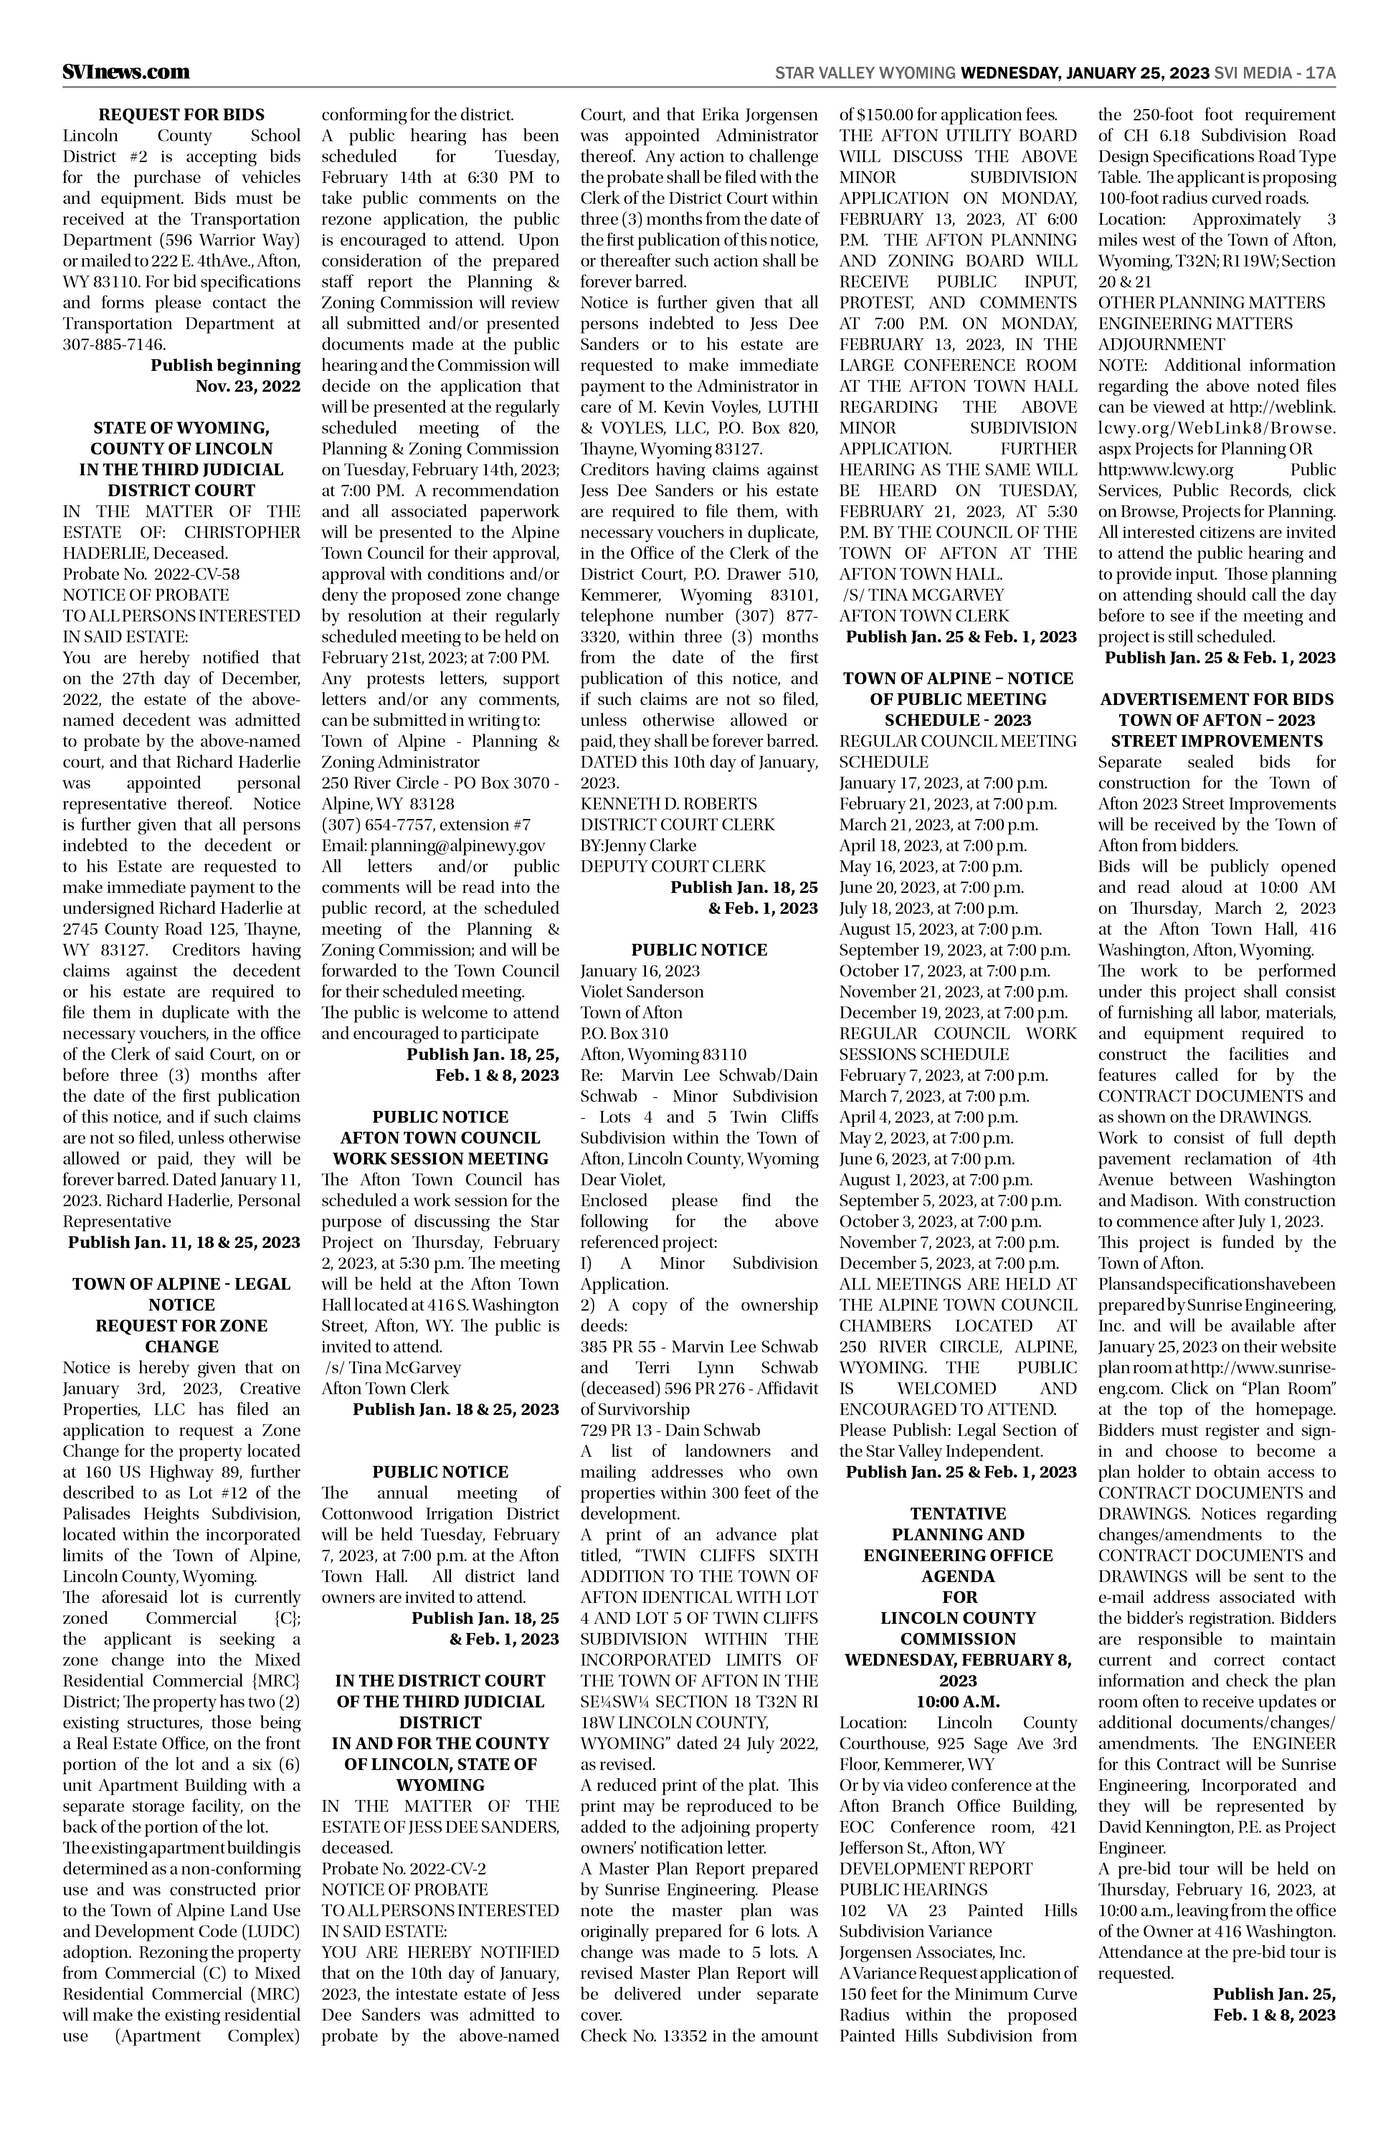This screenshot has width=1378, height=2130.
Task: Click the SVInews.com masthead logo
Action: pyautogui.click(x=126, y=71)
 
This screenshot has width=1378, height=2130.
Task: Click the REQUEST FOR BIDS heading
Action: pyautogui.click(x=182, y=114)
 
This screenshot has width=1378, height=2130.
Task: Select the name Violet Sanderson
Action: pyautogui.click(x=641, y=991)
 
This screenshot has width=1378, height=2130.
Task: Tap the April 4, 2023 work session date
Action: pyautogui.click(x=928, y=1117)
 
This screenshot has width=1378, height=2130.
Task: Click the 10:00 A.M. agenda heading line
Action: pyautogui.click(x=958, y=1701)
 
